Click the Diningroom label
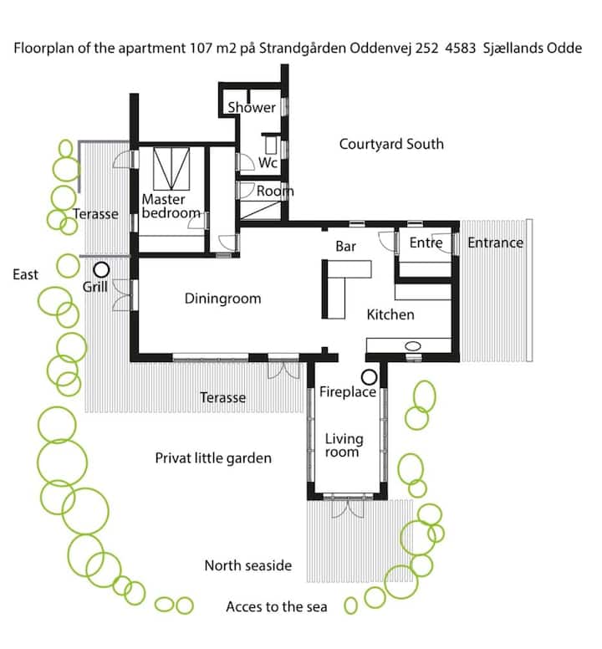coord(222,299)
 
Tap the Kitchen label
coord(390,314)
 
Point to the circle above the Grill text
coord(101,270)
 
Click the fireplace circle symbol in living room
coord(369,377)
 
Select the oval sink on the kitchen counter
coord(412,345)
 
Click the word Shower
coord(252,107)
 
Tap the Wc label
coord(268,162)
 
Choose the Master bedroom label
coord(171,206)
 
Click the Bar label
coord(345,246)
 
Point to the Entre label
coord(426,243)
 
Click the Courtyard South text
coord(391,144)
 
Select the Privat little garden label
coord(213,458)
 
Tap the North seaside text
coord(248,565)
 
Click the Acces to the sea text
coord(277,607)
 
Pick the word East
coord(25,274)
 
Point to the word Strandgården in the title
coord(303,49)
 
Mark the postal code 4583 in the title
coord(461,49)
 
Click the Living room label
coord(344,446)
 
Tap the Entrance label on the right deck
coord(495,243)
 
